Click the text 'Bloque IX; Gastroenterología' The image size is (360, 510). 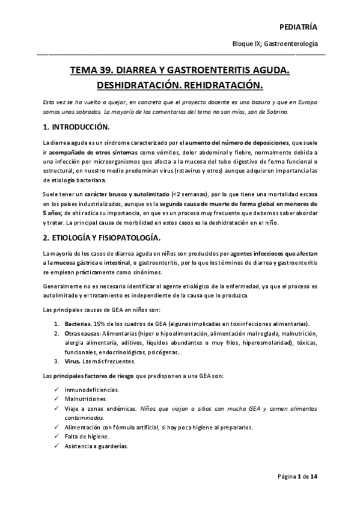tap(275, 45)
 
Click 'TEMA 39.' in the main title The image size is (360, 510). tap(93, 71)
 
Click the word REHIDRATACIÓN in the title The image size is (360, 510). tap(225, 84)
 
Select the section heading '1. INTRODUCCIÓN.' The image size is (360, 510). tap(75, 127)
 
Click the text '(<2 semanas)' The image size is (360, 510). tap(190, 194)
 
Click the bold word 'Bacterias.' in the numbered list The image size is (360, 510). tap(79, 323)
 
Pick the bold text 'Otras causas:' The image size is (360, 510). tap(82, 333)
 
